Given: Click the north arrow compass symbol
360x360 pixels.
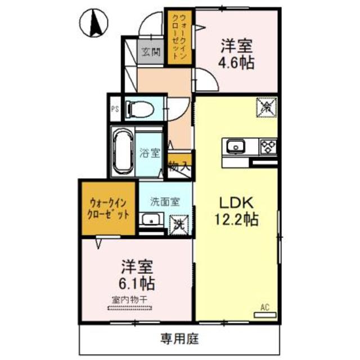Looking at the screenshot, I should pos(96,22).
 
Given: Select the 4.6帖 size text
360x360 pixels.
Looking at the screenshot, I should pos(238,61).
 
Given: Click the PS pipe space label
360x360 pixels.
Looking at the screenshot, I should pos(114,108).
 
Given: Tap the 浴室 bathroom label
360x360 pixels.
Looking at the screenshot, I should pos(150,152).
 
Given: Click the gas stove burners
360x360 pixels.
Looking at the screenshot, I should pos(267,147).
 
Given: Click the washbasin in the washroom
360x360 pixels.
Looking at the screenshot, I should pos(150,220).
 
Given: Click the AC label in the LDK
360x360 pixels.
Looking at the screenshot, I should pos(265,307).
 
